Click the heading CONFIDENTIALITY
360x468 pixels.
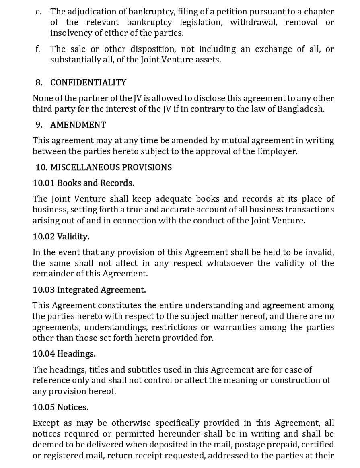click(88, 82)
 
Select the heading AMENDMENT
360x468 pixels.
click(78, 125)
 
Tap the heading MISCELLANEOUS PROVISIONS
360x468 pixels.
click(111, 167)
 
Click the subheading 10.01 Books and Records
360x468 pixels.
click(83, 183)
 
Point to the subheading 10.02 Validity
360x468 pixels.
click(61, 237)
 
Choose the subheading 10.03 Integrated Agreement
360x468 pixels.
click(89, 290)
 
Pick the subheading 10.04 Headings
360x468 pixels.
click(64, 354)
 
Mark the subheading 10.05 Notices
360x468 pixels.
click(60, 407)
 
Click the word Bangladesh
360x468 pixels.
click(300, 109)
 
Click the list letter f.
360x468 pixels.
click(38, 49)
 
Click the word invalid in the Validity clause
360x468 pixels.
click(318, 252)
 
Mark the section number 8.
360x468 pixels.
click(39, 82)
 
